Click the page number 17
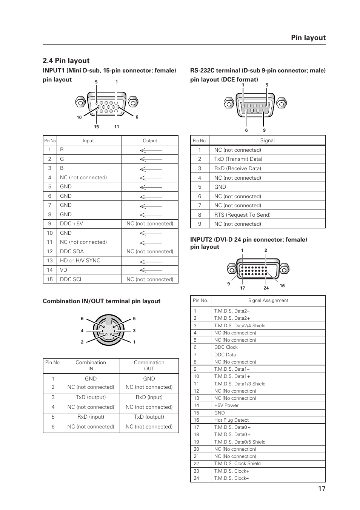point(321,488)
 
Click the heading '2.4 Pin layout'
point(66,61)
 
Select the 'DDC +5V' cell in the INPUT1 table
point(71,223)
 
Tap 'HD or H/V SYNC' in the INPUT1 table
point(80,260)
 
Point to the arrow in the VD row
point(151,270)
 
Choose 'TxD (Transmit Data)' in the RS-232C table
point(238,159)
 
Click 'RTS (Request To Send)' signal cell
point(242,215)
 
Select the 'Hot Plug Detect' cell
point(231,420)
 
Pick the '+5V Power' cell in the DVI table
point(226,405)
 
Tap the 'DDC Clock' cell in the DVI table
point(226,347)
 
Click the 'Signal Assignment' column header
point(268,300)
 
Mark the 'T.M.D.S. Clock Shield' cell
point(237,464)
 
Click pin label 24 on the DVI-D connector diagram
point(266,288)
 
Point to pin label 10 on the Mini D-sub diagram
point(79,117)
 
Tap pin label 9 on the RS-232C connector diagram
point(264,130)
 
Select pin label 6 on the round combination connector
point(82,319)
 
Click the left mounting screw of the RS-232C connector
point(229,103)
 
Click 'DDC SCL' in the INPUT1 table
point(71,279)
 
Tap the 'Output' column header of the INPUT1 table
point(150,141)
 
